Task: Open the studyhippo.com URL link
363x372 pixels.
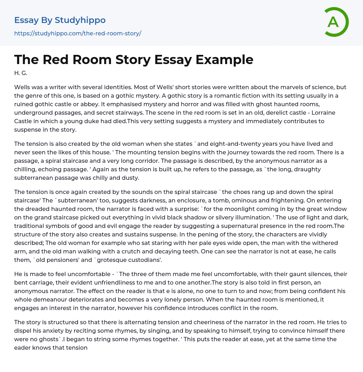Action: pos(78,34)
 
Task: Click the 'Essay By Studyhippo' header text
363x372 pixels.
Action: pos(60,20)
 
